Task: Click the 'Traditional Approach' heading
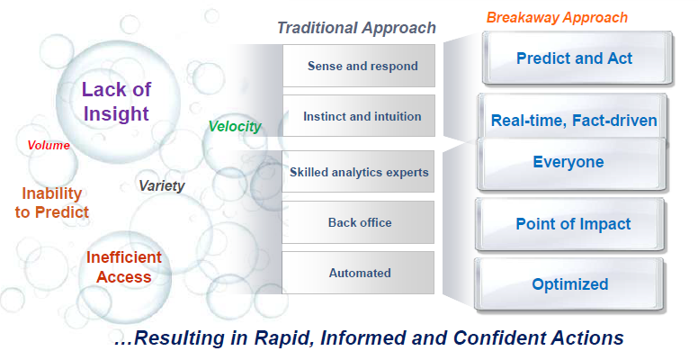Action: coord(356,28)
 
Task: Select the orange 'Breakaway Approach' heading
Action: coord(557,17)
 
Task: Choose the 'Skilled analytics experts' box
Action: coord(359,171)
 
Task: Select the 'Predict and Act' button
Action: coord(574,58)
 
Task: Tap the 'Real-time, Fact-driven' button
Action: coord(574,120)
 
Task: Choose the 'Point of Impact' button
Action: coord(574,224)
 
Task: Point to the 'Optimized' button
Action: coord(569,284)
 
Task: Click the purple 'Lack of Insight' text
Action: coord(116,101)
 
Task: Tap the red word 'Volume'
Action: coord(49,144)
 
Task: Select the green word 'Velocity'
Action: coord(234,127)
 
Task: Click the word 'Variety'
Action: coord(161,185)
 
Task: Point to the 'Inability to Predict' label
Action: coord(56,202)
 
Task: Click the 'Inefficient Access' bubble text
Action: coord(124,267)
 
